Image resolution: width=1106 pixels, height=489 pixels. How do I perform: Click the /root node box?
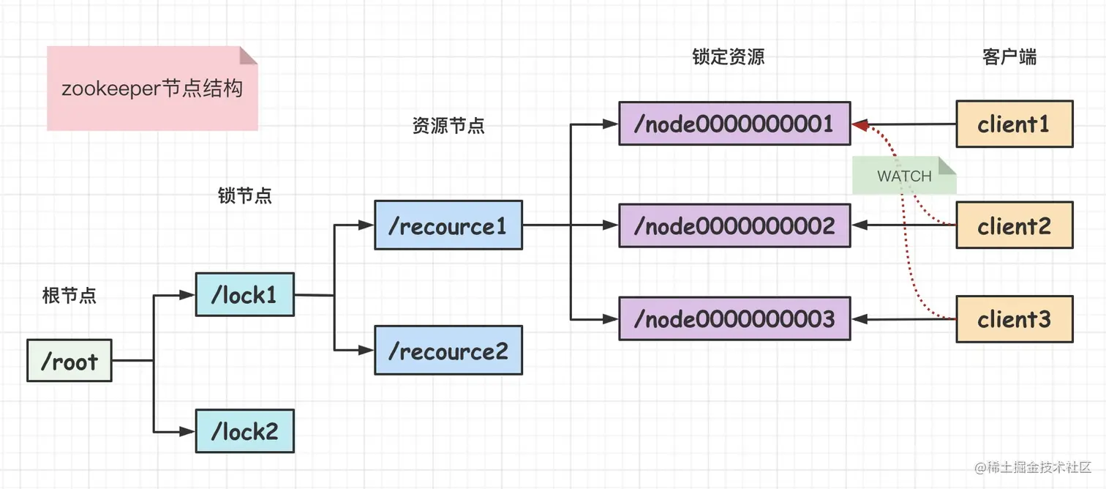[69, 360]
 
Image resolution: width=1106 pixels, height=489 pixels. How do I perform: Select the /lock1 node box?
[244, 294]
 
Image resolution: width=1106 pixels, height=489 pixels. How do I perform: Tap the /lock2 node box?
[244, 431]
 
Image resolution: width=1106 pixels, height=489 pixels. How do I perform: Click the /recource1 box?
[448, 225]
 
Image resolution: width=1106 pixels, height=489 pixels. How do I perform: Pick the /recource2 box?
[448, 351]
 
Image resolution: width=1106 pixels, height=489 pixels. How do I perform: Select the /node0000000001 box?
[734, 124]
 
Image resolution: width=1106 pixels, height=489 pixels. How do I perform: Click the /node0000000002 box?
[734, 225]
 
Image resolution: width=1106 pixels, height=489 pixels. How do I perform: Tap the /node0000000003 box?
[734, 319]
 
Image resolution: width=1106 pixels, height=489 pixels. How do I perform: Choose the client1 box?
[1014, 124]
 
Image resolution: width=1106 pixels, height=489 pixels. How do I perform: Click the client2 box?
[1014, 225]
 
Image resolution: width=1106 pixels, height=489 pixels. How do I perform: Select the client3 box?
[1014, 319]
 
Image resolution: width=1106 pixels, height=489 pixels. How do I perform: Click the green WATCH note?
[904, 176]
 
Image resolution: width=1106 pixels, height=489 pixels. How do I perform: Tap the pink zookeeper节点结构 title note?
[152, 89]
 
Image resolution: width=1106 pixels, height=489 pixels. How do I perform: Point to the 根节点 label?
[69, 296]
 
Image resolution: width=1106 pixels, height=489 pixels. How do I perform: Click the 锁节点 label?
[245, 196]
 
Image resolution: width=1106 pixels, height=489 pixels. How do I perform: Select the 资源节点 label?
[448, 126]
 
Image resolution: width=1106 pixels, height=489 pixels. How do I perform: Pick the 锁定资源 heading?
[729, 58]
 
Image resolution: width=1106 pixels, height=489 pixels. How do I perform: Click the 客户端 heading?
[1009, 58]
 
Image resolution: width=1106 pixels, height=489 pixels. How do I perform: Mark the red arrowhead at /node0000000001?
[860, 126]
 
